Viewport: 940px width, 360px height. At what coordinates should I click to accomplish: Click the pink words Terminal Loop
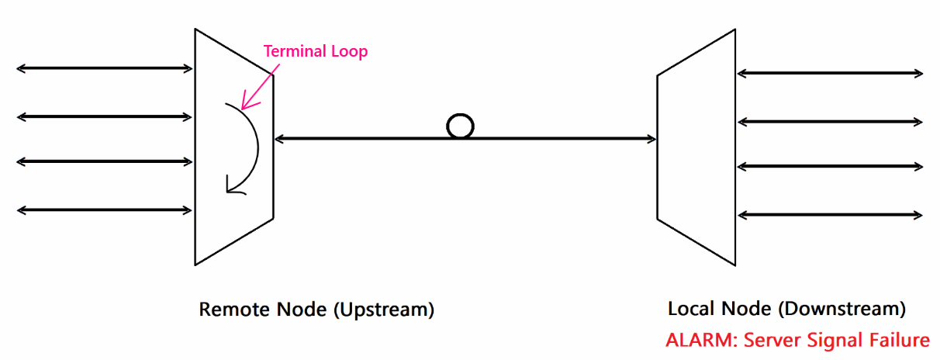[x=315, y=52]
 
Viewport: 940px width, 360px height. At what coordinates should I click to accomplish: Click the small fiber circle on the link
[x=460, y=126]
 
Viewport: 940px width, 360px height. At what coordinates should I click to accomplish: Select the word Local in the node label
[x=690, y=309]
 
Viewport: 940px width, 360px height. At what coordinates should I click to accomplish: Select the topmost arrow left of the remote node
[x=105, y=69]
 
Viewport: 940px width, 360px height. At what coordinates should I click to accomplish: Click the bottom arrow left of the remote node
[x=105, y=209]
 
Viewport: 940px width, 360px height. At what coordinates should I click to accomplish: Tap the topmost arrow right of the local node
[x=830, y=74]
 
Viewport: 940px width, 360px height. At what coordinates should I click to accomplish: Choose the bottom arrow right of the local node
[x=830, y=214]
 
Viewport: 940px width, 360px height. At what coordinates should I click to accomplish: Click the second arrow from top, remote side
[x=105, y=117]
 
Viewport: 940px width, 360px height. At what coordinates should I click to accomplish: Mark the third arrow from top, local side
[x=830, y=166]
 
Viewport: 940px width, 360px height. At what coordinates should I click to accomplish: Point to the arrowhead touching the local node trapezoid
[x=651, y=140]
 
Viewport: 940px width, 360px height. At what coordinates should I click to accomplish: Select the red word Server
[x=771, y=340]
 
